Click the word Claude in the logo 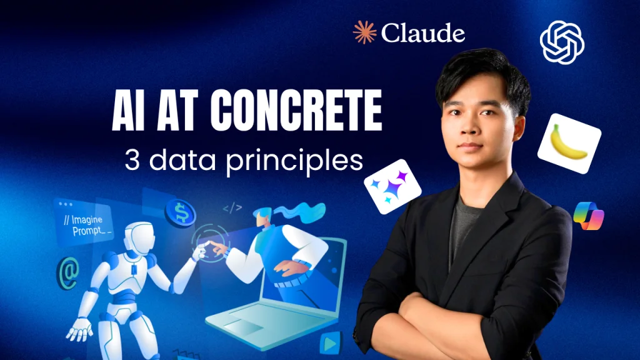point(423,32)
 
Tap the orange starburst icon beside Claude point(364,32)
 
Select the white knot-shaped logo point(562,42)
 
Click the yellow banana point(569,142)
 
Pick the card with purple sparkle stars point(392,186)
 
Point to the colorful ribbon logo point(589,216)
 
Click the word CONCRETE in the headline point(296,110)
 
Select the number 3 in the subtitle point(132,160)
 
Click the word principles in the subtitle point(294,162)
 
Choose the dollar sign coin point(181,212)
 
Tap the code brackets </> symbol point(232,208)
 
